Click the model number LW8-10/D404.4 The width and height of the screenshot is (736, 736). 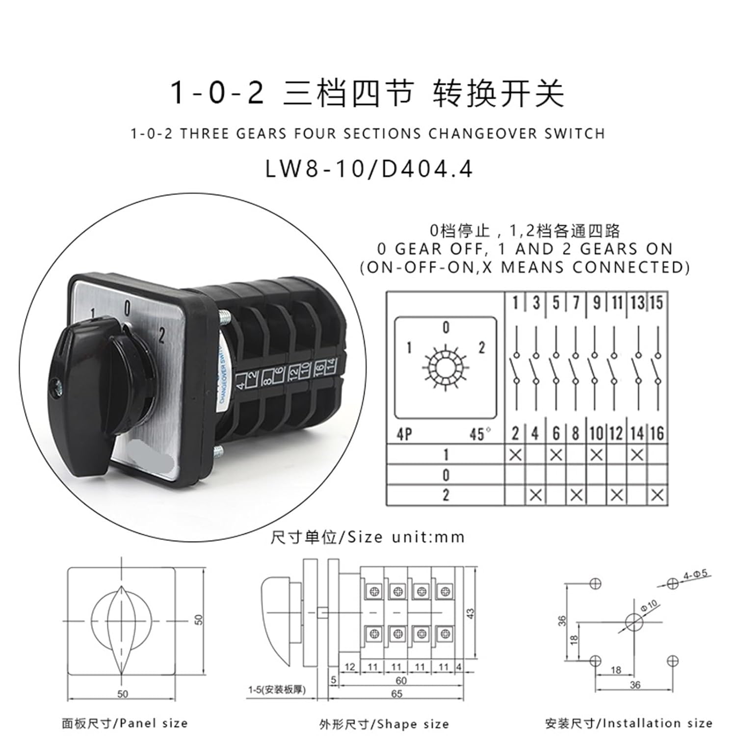[369, 169]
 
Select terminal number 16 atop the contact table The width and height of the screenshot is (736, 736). [657, 433]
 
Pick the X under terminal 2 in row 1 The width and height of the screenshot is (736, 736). [515, 455]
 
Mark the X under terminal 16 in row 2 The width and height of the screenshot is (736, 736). [657, 496]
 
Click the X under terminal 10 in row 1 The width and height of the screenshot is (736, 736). [596, 455]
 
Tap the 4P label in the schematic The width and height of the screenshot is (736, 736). [404, 434]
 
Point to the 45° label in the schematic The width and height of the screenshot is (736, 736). [480, 434]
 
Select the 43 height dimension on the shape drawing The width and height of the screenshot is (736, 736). [470, 613]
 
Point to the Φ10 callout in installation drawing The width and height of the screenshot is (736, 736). [649, 607]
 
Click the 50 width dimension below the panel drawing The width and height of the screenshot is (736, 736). [123, 694]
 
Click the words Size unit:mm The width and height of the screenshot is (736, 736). [406, 537]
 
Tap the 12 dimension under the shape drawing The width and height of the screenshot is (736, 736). [350, 667]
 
